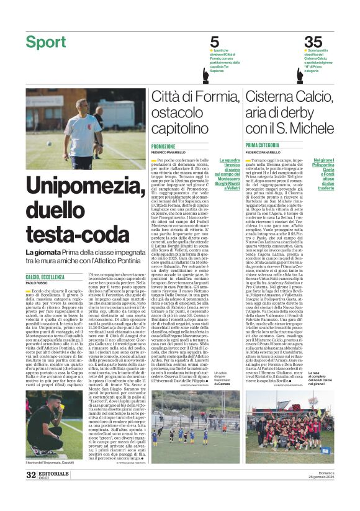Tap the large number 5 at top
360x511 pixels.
click(x=214, y=42)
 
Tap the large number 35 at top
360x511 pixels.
click(x=313, y=42)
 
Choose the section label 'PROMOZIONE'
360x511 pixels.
click(x=163, y=147)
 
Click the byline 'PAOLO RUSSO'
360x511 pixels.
click(x=37, y=283)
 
